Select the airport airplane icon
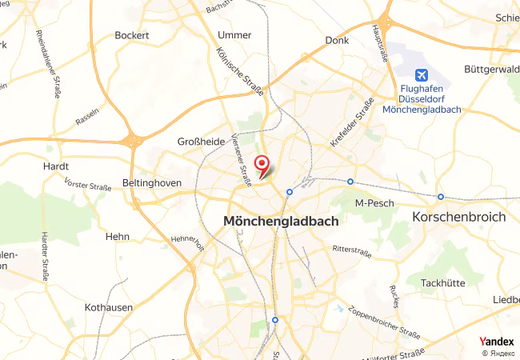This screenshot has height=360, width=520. pyautogui.click(x=410, y=70)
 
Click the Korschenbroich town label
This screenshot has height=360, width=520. pyautogui.click(x=458, y=217)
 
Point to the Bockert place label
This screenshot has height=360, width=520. pyautogui.click(x=132, y=35)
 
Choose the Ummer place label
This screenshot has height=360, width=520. pyautogui.click(x=234, y=35)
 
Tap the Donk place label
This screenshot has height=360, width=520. pyautogui.click(x=338, y=40)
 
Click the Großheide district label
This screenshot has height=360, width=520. pyautogui.click(x=201, y=141)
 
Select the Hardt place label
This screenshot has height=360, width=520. pyautogui.click(x=56, y=167)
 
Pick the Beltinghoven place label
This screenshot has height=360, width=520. pyautogui.click(x=153, y=183)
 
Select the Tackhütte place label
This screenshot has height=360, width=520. pyautogui.click(x=443, y=284)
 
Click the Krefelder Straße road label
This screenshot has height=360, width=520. pyautogui.click(x=353, y=122)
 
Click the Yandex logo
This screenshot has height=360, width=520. pyautogui.click(x=496, y=342)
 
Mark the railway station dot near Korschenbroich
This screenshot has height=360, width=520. pyautogui.click(x=441, y=197)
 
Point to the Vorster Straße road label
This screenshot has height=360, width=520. pyautogui.click(x=87, y=185)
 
